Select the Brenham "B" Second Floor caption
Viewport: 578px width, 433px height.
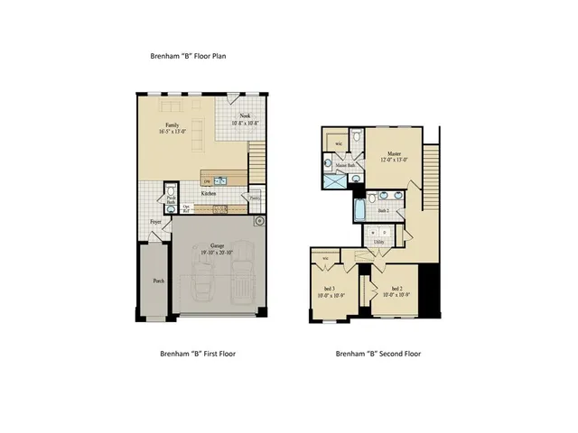378,354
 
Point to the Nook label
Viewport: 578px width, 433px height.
245,115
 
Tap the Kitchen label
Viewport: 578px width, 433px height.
208,193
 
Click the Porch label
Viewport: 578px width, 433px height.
159,280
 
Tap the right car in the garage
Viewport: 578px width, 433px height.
243,288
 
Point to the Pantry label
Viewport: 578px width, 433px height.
256,199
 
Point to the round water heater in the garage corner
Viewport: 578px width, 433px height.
259,220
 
